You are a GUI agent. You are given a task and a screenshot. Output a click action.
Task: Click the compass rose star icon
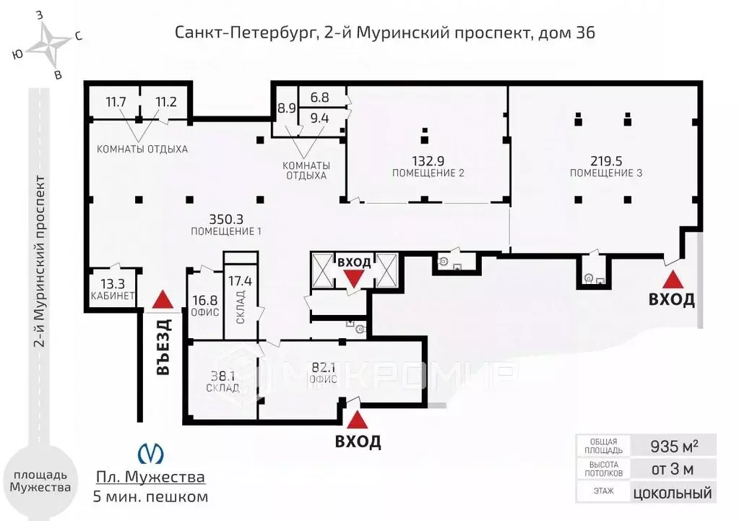click(48, 44)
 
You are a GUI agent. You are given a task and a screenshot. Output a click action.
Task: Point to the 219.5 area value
click(605, 160)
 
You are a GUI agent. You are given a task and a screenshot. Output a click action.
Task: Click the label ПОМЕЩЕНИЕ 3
click(605, 173)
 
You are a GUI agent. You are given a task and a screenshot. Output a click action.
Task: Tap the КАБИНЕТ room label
click(113, 296)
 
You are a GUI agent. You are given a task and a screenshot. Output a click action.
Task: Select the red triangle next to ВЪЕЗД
click(163, 298)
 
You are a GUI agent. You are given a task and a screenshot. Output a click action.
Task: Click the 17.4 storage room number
click(240, 280)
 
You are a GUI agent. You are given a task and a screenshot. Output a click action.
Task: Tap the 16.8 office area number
click(203, 298)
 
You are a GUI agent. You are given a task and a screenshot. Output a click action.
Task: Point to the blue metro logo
click(150, 453)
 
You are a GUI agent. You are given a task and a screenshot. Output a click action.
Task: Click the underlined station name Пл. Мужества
click(150, 478)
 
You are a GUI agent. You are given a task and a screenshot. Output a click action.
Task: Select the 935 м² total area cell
click(673, 444)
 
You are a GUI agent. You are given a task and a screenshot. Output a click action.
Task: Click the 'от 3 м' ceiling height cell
click(673, 469)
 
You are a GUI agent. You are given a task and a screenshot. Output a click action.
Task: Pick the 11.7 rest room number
click(116, 102)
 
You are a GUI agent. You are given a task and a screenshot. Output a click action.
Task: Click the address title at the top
click(385, 33)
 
